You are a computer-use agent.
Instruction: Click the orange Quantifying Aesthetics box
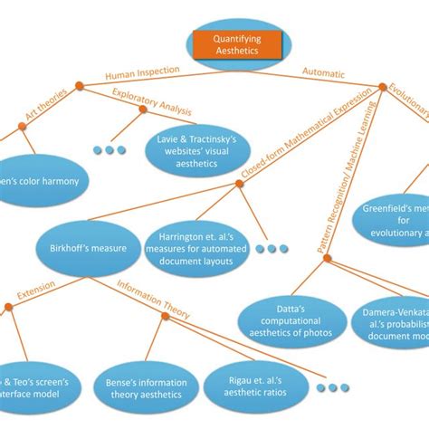[x=236, y=45]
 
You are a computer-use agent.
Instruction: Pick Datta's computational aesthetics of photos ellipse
[x=291, y=320]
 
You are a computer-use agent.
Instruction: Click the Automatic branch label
[x=327, y=76]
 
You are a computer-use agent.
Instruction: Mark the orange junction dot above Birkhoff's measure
[x=239, y=184]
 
